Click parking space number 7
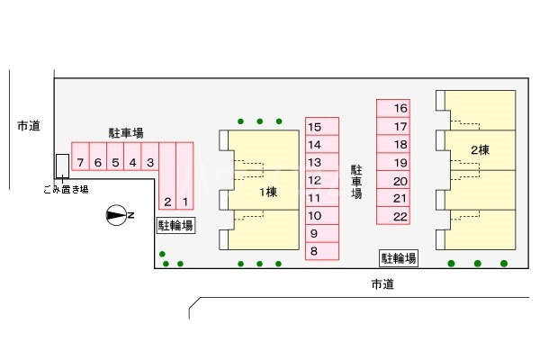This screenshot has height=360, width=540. pyautogui.click(x=81, y=163)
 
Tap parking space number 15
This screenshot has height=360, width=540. pyautogui.click(x=314, y=127)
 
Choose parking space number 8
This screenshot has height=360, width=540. pyautogui.click(x=314, y=252)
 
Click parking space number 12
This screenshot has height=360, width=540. pyautogui.click(x=314, y=180)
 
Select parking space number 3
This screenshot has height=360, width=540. pyautogui.click(x=150, y=163)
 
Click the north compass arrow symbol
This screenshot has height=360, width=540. pyautogui.click(x=117, y=214)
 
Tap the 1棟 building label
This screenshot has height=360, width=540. pyautogui.click(x=268, y=193)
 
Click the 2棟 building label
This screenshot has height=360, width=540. pyautogui.click(x=479, y=149)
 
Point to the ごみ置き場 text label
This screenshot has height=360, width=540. pyautogui.click(x=65, y=189)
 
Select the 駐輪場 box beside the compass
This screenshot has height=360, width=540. pyautogui.click(x=175, y=226)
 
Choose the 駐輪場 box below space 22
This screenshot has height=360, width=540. pyautogui.click(x=398, y=259)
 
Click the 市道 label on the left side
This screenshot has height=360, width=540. pyautogui.click(x=28, y=126)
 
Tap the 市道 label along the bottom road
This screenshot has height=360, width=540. pyautogui.click(x=383, y=285)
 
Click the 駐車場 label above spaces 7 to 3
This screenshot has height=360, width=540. pyautogui.click(x=126, y=133)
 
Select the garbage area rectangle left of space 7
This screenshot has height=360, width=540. pyautogui.click(x=61, y=165)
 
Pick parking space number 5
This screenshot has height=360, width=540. pyautogui.click(x=115, y=163)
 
